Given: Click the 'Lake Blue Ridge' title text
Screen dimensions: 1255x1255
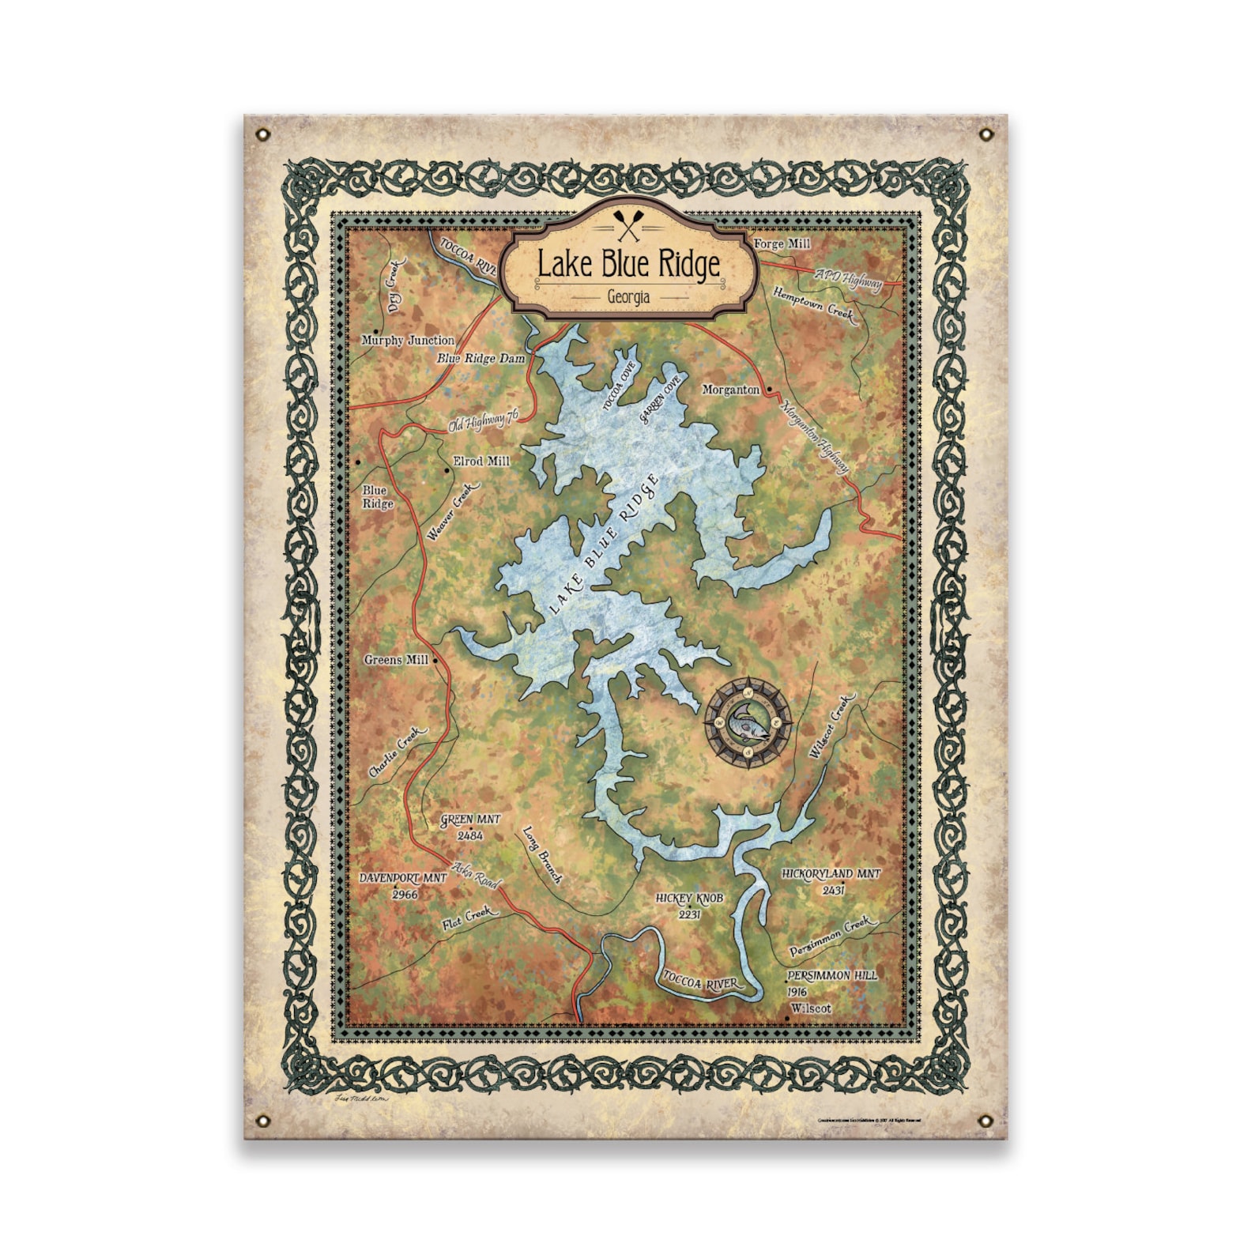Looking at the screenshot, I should [x=628, y=265].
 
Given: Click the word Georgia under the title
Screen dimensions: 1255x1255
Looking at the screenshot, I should [x=628, y=297].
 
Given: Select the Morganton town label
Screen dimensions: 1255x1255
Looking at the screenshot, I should [x=731, y=390].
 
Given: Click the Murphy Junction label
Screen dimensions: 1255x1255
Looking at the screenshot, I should [x=408, y=341].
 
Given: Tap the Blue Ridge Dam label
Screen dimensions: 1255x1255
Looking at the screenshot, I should [x=481, y=359].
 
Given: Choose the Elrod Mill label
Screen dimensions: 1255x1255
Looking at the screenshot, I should [x=481, y=462].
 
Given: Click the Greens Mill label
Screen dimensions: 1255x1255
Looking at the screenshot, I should [x=396, y=660].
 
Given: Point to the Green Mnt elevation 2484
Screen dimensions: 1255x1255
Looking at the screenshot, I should [x=470, y=835].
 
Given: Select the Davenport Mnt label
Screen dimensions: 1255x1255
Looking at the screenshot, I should [x=403, y=878].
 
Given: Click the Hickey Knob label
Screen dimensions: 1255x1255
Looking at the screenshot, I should [x=689, y=899].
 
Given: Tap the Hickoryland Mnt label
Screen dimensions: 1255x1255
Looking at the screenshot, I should [x=831, y=874].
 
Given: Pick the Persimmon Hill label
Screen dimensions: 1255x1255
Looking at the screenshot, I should [x=832, y=976].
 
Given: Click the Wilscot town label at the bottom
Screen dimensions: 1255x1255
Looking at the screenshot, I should [x=811, y=1009].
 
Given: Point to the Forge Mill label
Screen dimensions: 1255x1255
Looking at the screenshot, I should [x=782, y=244].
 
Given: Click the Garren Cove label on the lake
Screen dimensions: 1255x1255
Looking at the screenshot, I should [x=661, y=401].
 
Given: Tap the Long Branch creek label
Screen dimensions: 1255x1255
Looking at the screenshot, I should [x=542, y=855].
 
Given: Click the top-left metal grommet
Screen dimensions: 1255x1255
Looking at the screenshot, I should [x=264, y=135].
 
